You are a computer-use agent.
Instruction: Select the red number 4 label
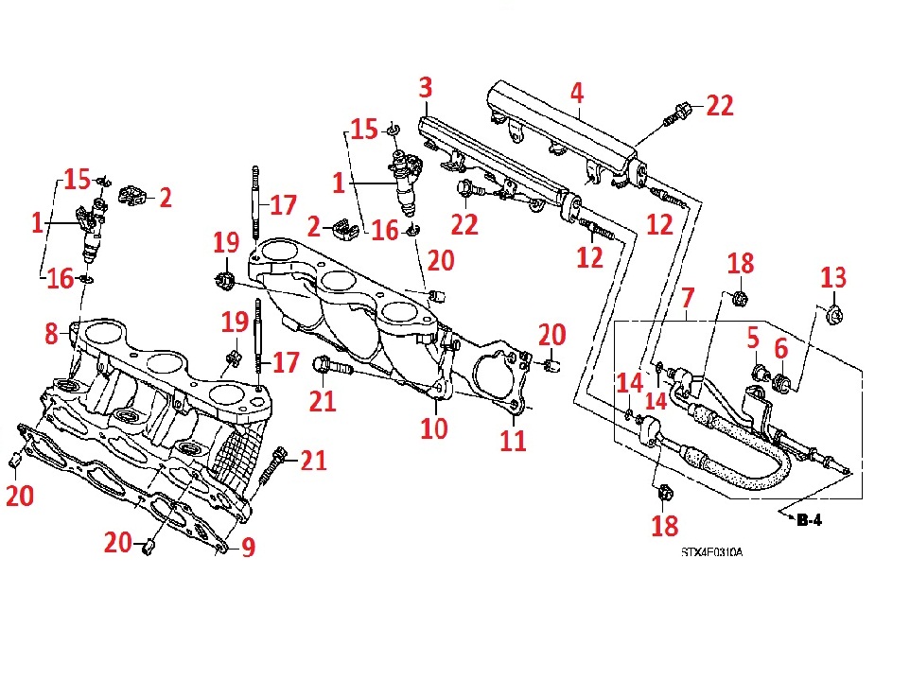(x=576, y=93)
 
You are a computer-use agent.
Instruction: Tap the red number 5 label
(x=753, y=337)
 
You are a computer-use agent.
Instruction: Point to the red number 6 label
(x=780, y=349)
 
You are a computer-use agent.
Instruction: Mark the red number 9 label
(x=248, y=548)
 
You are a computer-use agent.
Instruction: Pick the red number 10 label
(x=434, y=428)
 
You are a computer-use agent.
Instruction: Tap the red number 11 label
(x=513, y=440)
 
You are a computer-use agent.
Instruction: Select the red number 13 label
(x=833, y=279)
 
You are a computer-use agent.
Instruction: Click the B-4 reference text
(x=811, y=519)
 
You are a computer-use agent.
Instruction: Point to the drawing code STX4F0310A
(x=710, y=551)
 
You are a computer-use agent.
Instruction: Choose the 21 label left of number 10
(x=323, y=401)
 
